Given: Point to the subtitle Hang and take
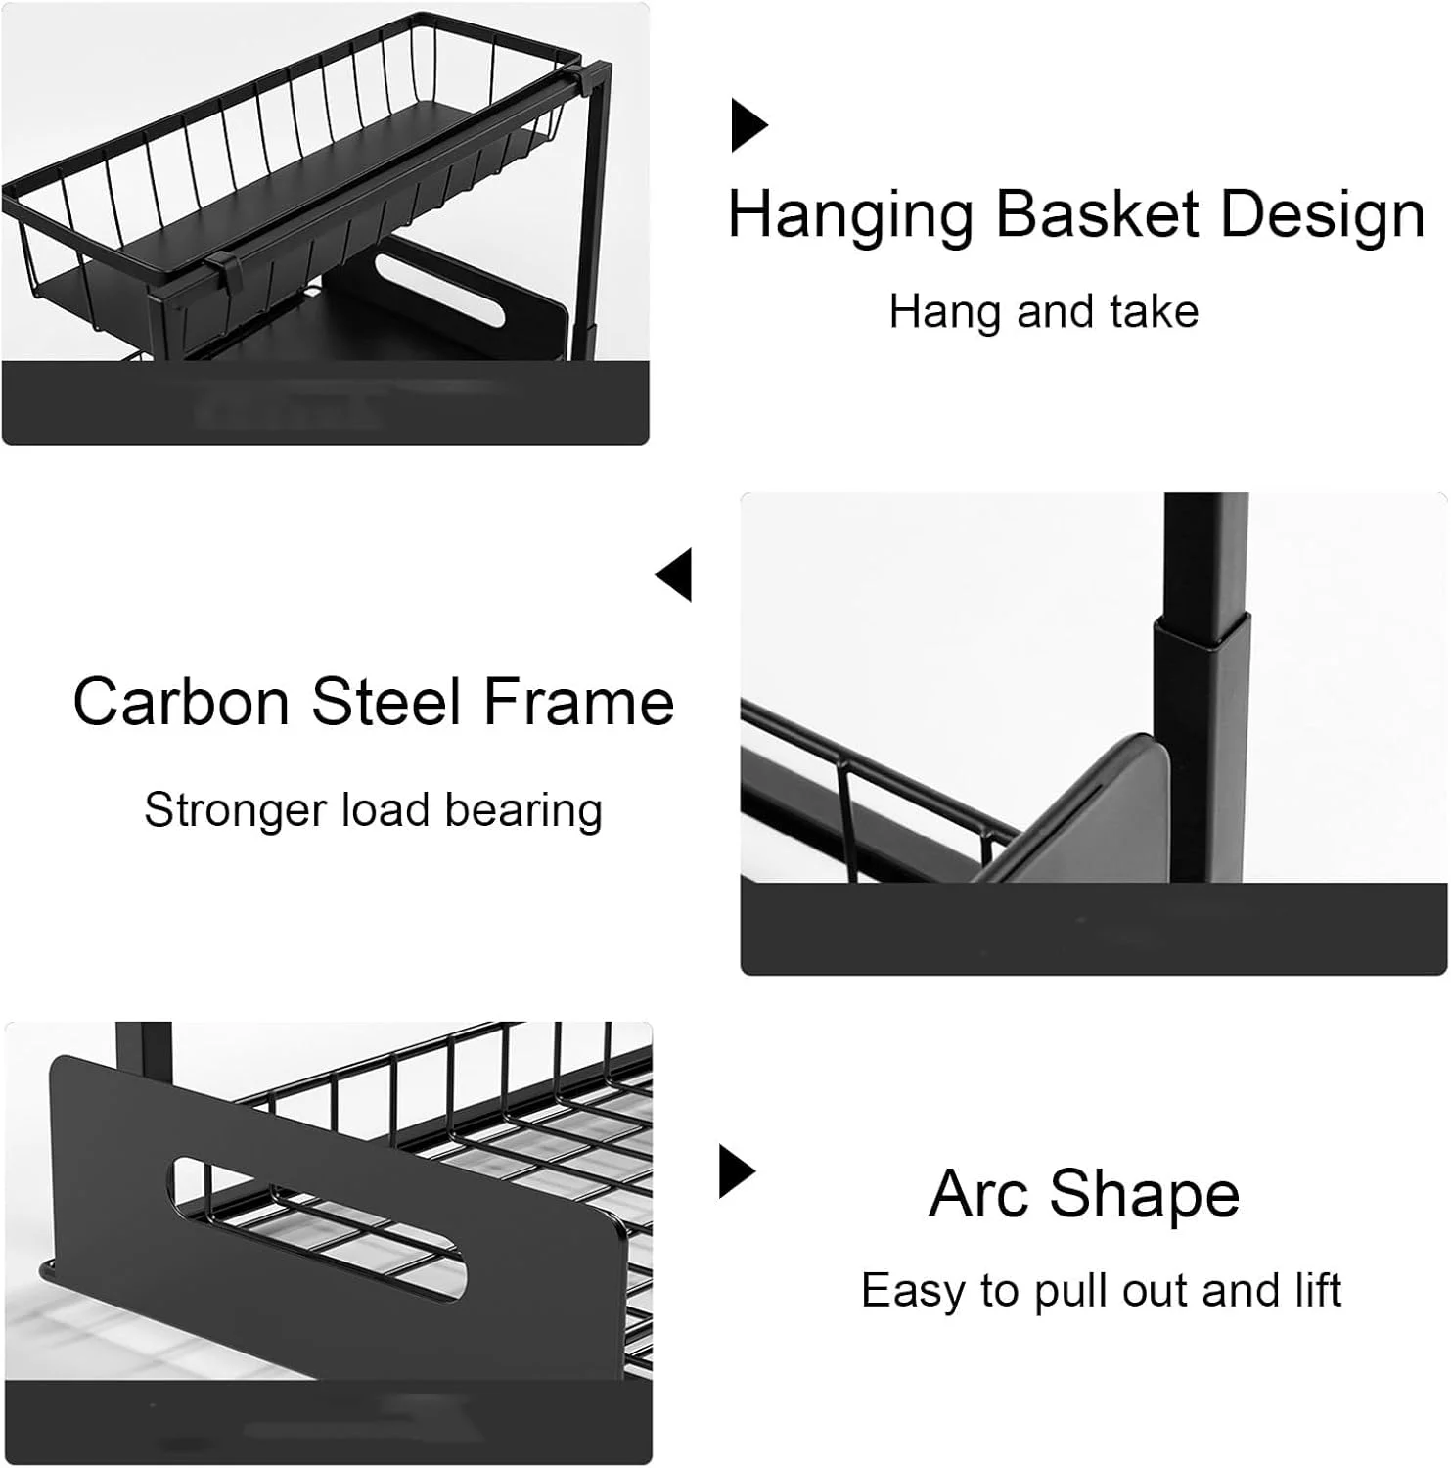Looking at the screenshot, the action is click(x=1044, y=313).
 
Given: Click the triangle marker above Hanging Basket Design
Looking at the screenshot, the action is click(x=749, y=125).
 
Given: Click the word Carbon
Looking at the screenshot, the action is click(x=181, y=702).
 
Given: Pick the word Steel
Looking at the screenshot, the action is click(x=386, y=702).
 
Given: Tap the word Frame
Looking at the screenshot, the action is click(x=579, y=702).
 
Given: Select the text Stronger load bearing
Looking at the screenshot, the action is click(x=373, y=811).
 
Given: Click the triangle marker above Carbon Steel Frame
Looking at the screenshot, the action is click(x=674, y=574).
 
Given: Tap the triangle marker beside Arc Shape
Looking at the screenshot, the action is click(x=738, y=1170).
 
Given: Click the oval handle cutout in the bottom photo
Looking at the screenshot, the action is click(x=318, y=1228).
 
